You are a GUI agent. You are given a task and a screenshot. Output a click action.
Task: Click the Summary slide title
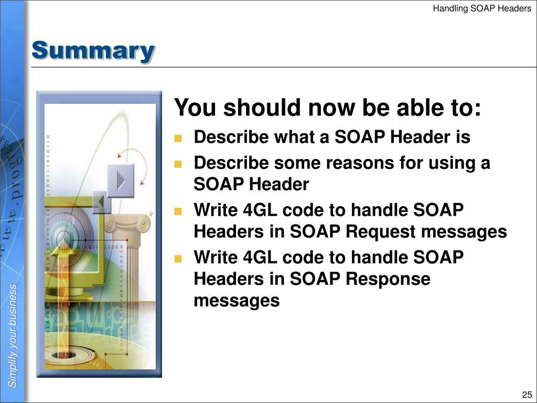[93, 51]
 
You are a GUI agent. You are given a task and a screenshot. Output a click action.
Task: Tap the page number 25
[527, 394]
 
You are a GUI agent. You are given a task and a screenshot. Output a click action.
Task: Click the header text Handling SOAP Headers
[482, 8]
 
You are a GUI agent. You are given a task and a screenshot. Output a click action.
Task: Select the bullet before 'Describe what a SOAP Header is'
[178, 138]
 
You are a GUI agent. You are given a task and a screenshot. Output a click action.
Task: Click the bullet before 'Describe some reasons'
[178, 164]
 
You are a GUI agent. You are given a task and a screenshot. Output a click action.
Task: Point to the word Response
[388, 279]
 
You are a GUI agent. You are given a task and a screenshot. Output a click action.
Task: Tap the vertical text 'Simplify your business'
[13, 335]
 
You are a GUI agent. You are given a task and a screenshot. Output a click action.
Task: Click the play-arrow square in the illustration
[121, 181]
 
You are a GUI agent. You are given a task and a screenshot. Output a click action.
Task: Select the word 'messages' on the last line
[237, 301]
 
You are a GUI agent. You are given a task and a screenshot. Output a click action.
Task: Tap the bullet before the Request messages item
[178, 211]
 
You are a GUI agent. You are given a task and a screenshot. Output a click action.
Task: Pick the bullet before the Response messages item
[178, 258]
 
